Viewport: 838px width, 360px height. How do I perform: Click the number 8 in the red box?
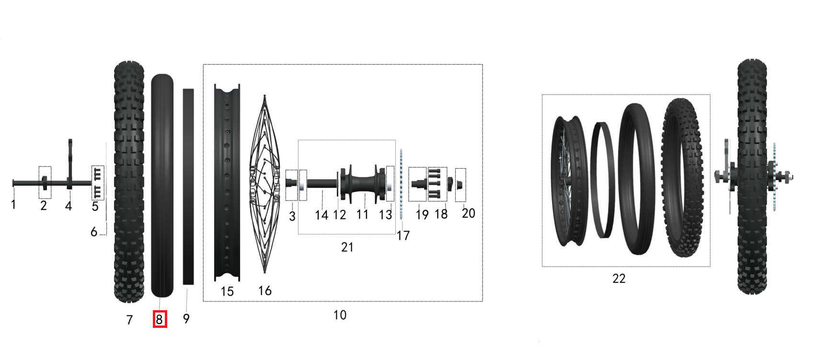pos(160,319)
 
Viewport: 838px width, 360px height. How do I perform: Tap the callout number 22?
pos(619,279)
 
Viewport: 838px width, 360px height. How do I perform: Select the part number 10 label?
pos(340,315)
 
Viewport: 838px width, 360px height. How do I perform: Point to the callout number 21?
pos(347,247)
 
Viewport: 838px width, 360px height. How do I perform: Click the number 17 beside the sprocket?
pos(403,235)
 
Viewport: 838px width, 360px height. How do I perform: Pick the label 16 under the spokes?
pos(264,290)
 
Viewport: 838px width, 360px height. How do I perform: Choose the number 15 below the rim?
pos(227,291)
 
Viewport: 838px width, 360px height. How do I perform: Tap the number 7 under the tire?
pos(129,320)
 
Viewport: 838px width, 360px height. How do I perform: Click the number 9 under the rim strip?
pos(186,319)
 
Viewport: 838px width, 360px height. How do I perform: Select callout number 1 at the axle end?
pos(13,205)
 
